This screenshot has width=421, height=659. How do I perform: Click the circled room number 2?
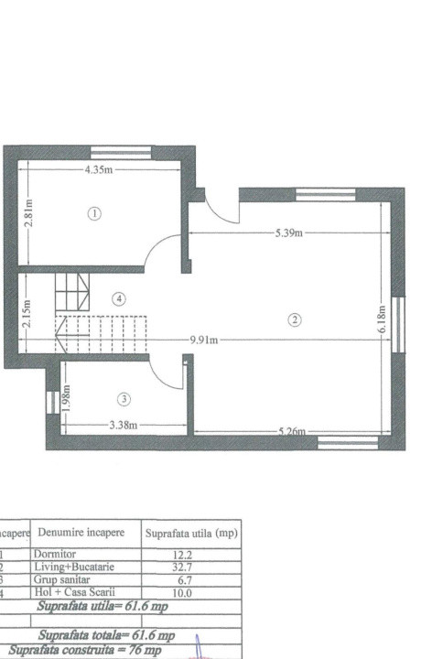[x=294, y=319]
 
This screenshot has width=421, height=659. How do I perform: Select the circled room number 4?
[x=118, y=298]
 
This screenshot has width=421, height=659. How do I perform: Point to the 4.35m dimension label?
[x=98, y=170]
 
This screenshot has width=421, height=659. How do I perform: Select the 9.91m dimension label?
[x=204, y=340]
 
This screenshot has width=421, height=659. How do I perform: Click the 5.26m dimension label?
[x=292, y=431]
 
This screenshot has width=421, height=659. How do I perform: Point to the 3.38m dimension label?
[x=123, y=425]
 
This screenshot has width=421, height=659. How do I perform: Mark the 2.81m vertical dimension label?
[x=28, y=213]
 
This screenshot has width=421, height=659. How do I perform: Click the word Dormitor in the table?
[x=56, y=555]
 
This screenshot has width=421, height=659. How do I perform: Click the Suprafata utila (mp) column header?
[x=191, y=533]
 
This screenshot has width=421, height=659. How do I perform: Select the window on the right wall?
[x=397, y=323]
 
